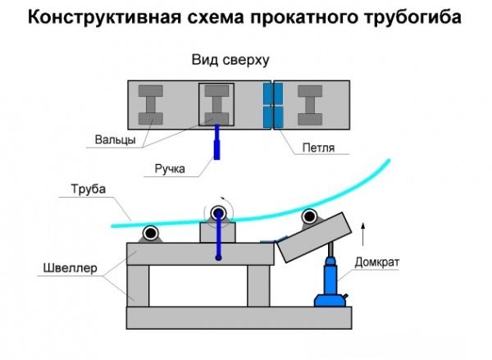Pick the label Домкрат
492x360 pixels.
point(376,262)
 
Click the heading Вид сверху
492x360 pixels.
point(230,61)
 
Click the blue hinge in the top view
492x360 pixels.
point(271,106)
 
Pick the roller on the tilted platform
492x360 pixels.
point(309,216)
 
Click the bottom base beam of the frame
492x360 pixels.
point(238,317)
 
